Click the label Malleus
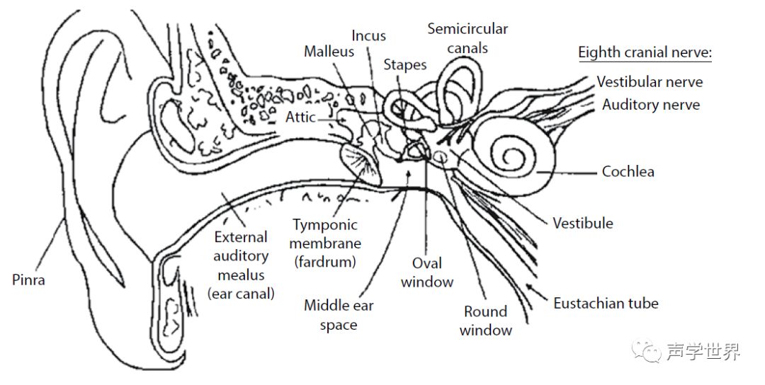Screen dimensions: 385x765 coord(329,52)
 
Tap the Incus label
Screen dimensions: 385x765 coord(369,35)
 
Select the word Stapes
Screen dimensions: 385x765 coord(405,65)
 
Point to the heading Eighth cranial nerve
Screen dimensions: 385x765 coord(645,53)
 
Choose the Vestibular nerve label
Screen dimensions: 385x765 coord(650,81)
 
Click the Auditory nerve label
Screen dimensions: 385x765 coord(651,105)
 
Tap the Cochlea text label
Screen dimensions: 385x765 coord(628,171)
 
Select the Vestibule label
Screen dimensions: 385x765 coord(583,223)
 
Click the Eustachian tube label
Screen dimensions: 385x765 coord(606,304)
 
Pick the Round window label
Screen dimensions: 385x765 coord(485,321)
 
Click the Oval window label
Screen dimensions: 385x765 coord(427,272)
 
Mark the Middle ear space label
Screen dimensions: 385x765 coord(339,315)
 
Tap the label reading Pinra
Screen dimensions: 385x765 coord(29,280)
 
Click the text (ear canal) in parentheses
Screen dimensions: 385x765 coord(241,293)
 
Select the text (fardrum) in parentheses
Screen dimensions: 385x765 coord(327,262)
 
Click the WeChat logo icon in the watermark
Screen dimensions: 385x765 coord(647,350)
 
